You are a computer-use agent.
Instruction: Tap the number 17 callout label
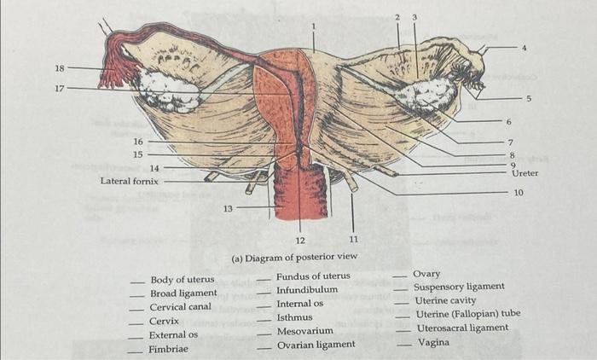tap(59, 86)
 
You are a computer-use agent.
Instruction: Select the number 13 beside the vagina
tap(228, 206)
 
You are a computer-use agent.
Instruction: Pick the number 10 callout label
tap(519, 193)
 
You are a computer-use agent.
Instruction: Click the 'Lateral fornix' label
tap(129, 181)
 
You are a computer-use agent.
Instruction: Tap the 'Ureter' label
tap(525, 173)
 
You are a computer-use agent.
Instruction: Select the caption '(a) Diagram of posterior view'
tap(294, 257)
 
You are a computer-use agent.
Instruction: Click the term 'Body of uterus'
tap(182, 279)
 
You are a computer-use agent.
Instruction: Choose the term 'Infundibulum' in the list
tap(307, 290)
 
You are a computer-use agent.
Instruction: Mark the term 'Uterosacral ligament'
tap(461, 328)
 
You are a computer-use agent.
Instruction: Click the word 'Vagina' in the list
tap(433, 342)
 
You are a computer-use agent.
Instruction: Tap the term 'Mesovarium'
tap(304, 331)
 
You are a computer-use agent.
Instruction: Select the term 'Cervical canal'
tap(180, 307)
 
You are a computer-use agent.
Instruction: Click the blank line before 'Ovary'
tap(399, 277)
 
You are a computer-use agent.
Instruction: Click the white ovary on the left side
tap(169, 89)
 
